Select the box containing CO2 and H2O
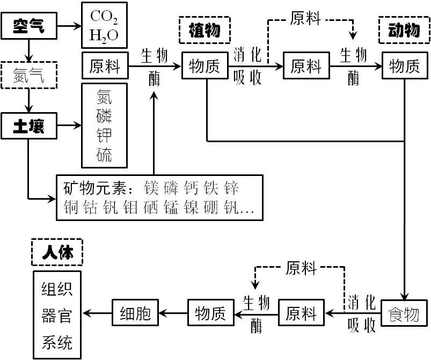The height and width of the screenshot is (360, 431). click(104, 25)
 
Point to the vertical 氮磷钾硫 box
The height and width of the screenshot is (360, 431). click(104, 126)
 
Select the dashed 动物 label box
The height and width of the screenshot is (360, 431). click(404, 30)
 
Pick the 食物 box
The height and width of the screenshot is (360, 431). click(404, 313)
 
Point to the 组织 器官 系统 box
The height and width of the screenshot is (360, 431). click(57, 314)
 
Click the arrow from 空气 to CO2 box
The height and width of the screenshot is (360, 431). click(68, 25)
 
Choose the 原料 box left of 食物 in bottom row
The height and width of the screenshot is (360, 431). click(302, 313)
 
